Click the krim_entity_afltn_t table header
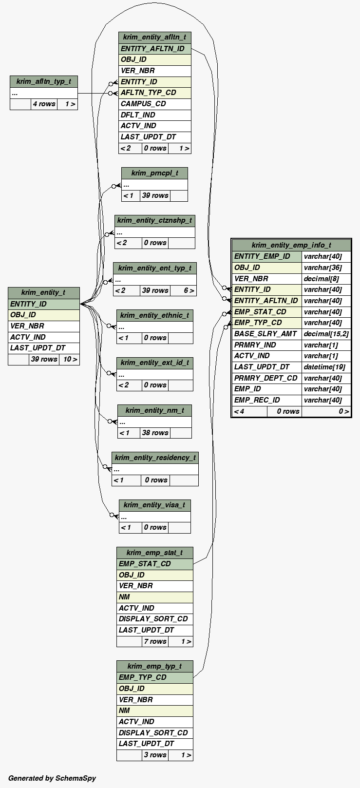tap(154, 38)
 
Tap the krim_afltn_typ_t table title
tap(43, 82)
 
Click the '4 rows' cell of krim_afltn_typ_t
tap(44, 104)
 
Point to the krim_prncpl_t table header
tap(154, 173)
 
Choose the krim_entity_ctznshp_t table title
tap(154, 220)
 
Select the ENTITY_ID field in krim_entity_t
tap(43, 304)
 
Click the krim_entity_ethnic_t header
tap(154, 315)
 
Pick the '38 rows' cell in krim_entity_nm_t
tap(155, 433)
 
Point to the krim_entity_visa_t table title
tap(154, 505)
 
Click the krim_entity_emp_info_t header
tap(291, 245)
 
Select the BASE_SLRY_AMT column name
tap(266, 334)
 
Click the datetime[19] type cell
tap(325, 367)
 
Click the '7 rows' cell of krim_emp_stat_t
tap(155, 641)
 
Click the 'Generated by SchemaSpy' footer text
tap(52, 778)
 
